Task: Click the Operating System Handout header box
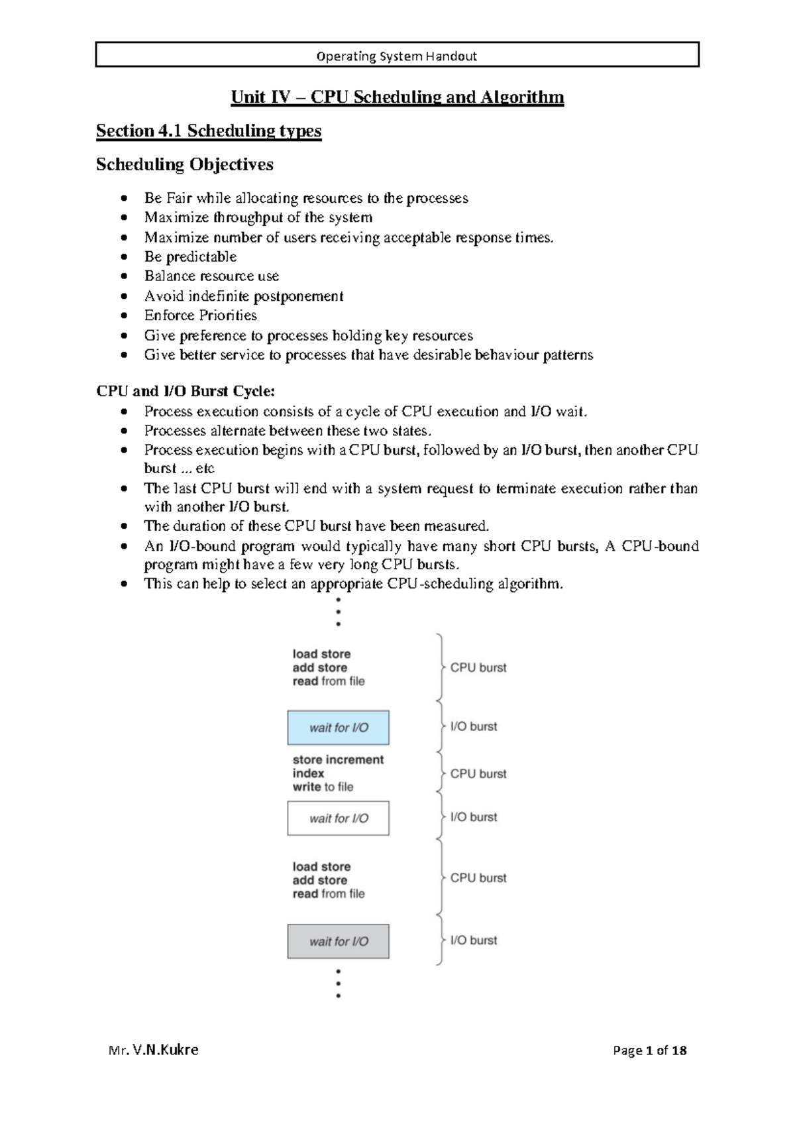pyautogui.click(x=397, y=56)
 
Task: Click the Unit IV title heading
pyautogui.click(x=397, y=97)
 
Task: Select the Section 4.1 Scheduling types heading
pyautogui.click(x=209, y=131)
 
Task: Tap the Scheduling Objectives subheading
pyautogui.click(x=185, y=164)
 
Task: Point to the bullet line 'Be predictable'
pyautogui.click(x=190, y=256)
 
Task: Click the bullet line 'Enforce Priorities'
pyautogui.click(x=200, y=315)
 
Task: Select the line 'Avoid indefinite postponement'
pyautogui.click(x=243, y=296)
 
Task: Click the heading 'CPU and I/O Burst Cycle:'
pyautogui.click(x=185, y=391)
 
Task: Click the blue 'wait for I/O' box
pyautogui.click(x=339, y=728)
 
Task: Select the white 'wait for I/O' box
pyautogui.click(x=339, y=818)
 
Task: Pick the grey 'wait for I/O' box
pyautogui.click(x=339, y=942)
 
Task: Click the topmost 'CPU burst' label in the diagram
pyautogui.click(x=478, y=668)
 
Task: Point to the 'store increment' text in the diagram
pyautogui.click(x=338, y=760)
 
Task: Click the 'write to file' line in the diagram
pyautogui.click(x=323, y=787)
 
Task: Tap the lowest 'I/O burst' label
pyautogui.click(x=473, y=940)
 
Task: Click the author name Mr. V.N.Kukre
pyautogui.click(x=153, y=1050)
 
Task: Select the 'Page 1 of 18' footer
pyautogui.click(x=649, y=1050)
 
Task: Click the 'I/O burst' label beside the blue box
pyautogui.click(x=473, y=727)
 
